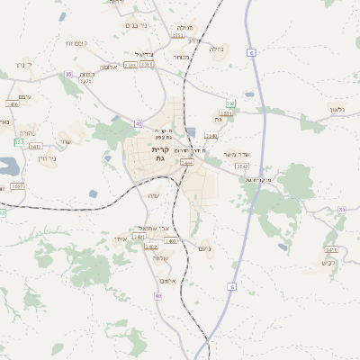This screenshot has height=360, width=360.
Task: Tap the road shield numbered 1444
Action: pos(186,163)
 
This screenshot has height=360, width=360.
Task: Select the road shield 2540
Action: pos(211,136)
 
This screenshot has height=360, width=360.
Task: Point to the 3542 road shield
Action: pos(226,113)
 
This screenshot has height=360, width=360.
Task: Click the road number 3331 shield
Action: pos(86,81)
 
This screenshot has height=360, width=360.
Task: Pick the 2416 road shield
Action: pos(13,104)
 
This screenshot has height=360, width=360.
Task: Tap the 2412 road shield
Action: pos(35,145)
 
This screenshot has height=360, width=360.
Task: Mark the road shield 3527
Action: pos(18,186)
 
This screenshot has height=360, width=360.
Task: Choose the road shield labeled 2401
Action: pos(139,236)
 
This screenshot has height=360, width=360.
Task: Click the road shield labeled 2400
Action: pos(170,241)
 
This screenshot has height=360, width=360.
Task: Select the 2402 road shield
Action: pos(151,246)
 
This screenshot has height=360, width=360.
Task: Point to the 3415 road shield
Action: pos(331,249)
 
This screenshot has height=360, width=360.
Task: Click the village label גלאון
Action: pos(337,109)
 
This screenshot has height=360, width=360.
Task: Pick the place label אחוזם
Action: pos(176,280)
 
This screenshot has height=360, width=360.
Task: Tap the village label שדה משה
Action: pos(235,154)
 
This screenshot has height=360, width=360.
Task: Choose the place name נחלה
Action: pos(217,49)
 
